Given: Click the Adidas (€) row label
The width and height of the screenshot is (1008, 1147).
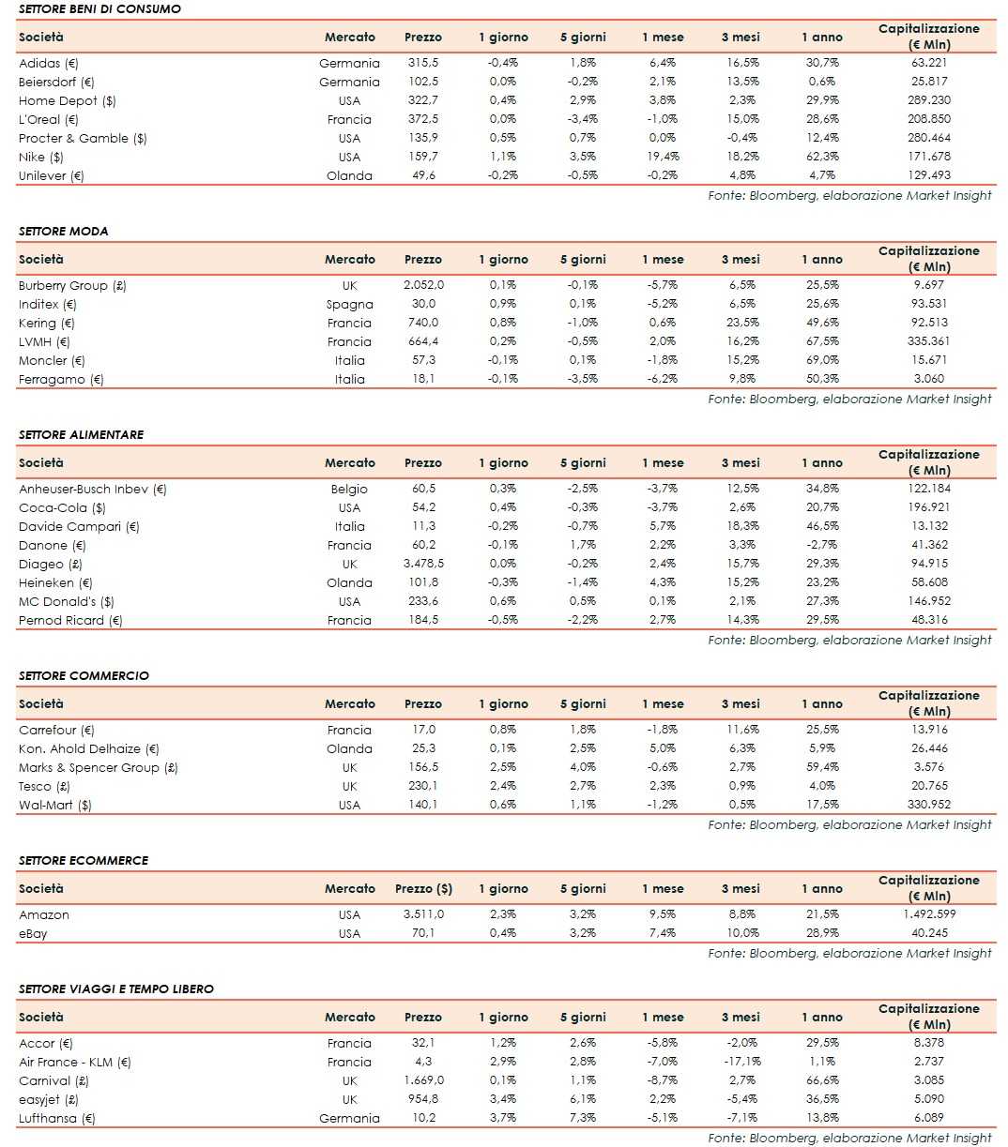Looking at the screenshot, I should tap(49, 63).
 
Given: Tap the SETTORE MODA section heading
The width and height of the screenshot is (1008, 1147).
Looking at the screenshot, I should tap(63, 231).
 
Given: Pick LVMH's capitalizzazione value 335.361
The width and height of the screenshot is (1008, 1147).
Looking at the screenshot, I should tap(929, 341).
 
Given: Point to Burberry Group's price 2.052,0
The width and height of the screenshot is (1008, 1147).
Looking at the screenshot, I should tap(423, 285).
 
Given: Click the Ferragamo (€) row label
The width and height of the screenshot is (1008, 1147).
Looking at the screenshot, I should tap(61, 379).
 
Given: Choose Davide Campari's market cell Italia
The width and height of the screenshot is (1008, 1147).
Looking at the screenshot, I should tap(349, 526).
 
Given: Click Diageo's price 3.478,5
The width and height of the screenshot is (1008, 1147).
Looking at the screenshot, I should tap(423, 564).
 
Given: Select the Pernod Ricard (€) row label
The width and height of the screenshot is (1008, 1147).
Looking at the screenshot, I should tap(70, 620).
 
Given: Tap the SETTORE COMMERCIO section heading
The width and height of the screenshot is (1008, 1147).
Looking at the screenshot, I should tap(84, 675).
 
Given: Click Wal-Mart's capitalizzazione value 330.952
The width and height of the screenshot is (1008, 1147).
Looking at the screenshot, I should tap(929, 805).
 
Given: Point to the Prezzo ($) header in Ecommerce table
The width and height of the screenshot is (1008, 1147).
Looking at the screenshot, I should tap(423, 888).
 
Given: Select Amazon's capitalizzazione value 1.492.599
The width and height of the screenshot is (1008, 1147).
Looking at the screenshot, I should tap(929, 914).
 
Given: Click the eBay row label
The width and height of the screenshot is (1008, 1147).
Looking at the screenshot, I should tap(33, 933).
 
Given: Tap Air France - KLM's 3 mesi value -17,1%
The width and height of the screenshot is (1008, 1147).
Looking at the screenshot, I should tap(741, 1062).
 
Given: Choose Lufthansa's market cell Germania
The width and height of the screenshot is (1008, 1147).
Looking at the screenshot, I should tap(349, 1118).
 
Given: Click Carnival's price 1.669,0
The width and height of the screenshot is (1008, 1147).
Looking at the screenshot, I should tap(423, 1080).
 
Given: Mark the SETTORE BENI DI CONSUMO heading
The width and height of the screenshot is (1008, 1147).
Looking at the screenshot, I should tap(99, 8).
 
